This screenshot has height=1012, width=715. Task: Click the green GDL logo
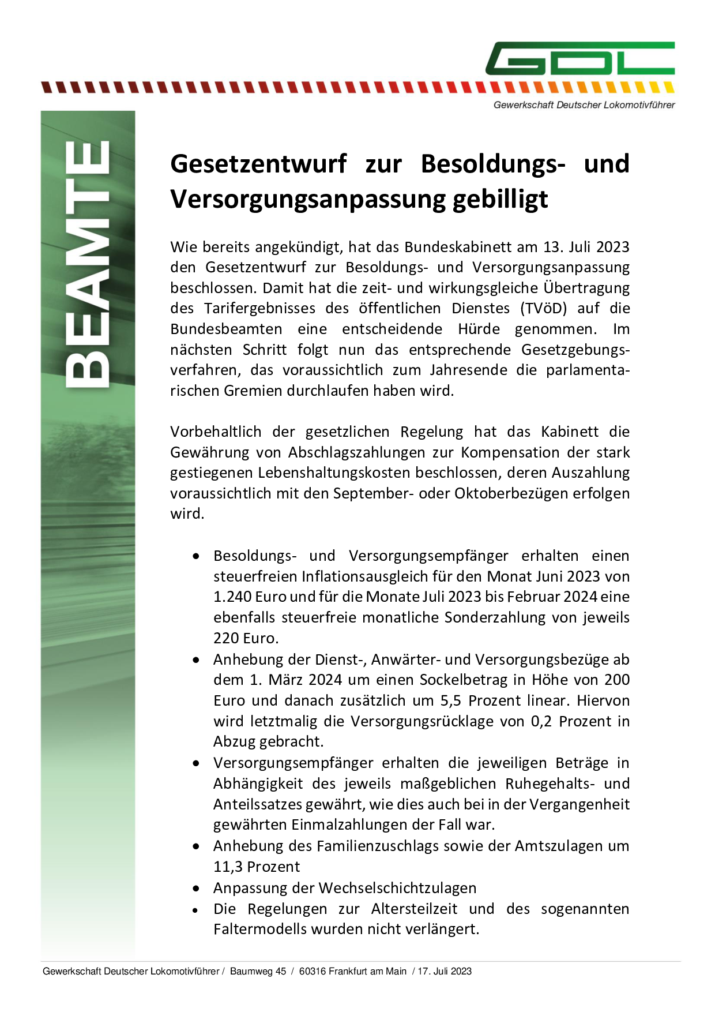pos(579,58)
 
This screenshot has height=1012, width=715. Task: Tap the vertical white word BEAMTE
pos(88,264)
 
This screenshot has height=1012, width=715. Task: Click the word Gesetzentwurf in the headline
pos(258,163)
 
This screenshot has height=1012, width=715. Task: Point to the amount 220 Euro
pos(246,638)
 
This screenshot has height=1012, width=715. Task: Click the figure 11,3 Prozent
pos(257,867)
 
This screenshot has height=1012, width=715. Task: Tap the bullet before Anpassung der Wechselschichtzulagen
pos(197,889)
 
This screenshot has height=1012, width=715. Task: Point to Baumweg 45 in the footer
pos(258,971)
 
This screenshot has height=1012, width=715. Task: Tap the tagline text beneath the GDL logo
pos(584,105)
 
